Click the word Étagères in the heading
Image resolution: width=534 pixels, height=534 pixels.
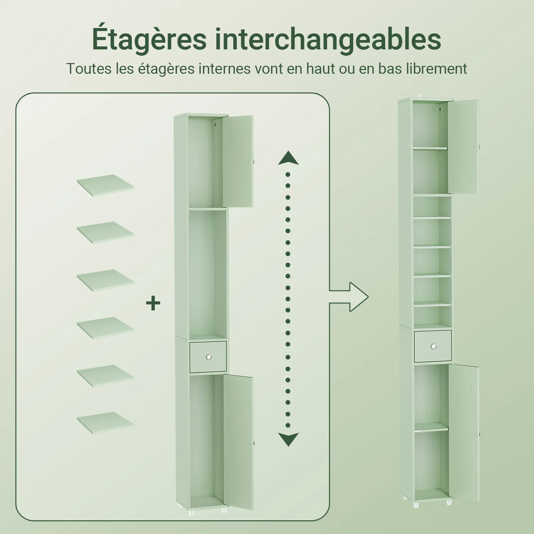tap(149, 39)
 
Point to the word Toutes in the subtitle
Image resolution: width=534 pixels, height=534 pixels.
tap(89, 68)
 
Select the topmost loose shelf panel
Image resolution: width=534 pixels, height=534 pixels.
tap(105, 186)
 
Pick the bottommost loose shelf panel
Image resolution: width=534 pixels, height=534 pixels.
tap(105, 424)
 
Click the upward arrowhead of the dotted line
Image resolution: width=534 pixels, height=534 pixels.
tap(288, 158)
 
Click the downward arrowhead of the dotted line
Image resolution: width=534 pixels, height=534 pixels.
tap(288, 439)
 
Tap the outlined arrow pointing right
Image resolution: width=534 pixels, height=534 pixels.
tap(349, 297)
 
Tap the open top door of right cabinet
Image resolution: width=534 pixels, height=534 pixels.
tap(464, 146)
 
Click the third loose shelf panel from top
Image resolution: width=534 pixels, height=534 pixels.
tap(105, 280)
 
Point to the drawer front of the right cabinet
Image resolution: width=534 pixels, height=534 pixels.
tap(433, 346)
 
